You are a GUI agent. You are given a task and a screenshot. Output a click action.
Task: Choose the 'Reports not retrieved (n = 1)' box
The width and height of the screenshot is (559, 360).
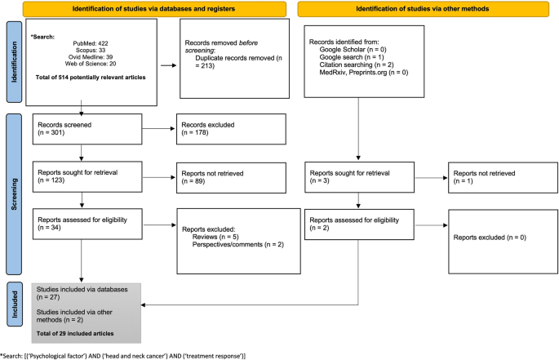click(498, 176)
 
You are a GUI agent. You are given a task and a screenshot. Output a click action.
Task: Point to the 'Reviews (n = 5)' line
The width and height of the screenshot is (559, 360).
click(217, 235)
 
